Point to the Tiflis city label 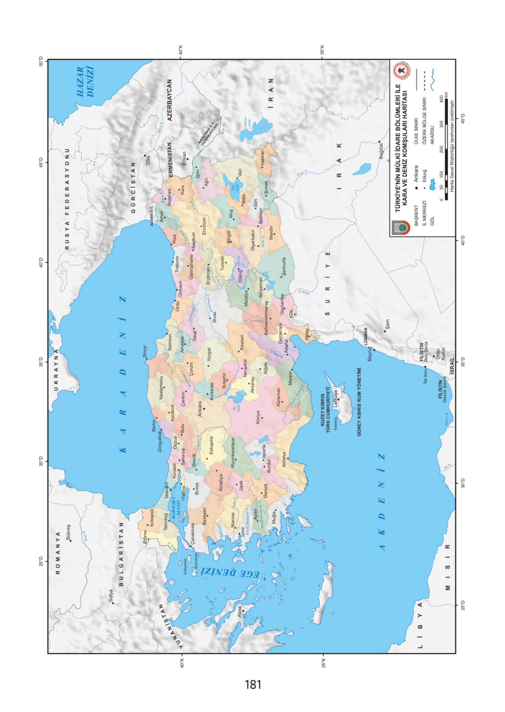(148, 161)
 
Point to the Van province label (240, 173)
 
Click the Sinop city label (145, 351)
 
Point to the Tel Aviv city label (425, 376)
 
